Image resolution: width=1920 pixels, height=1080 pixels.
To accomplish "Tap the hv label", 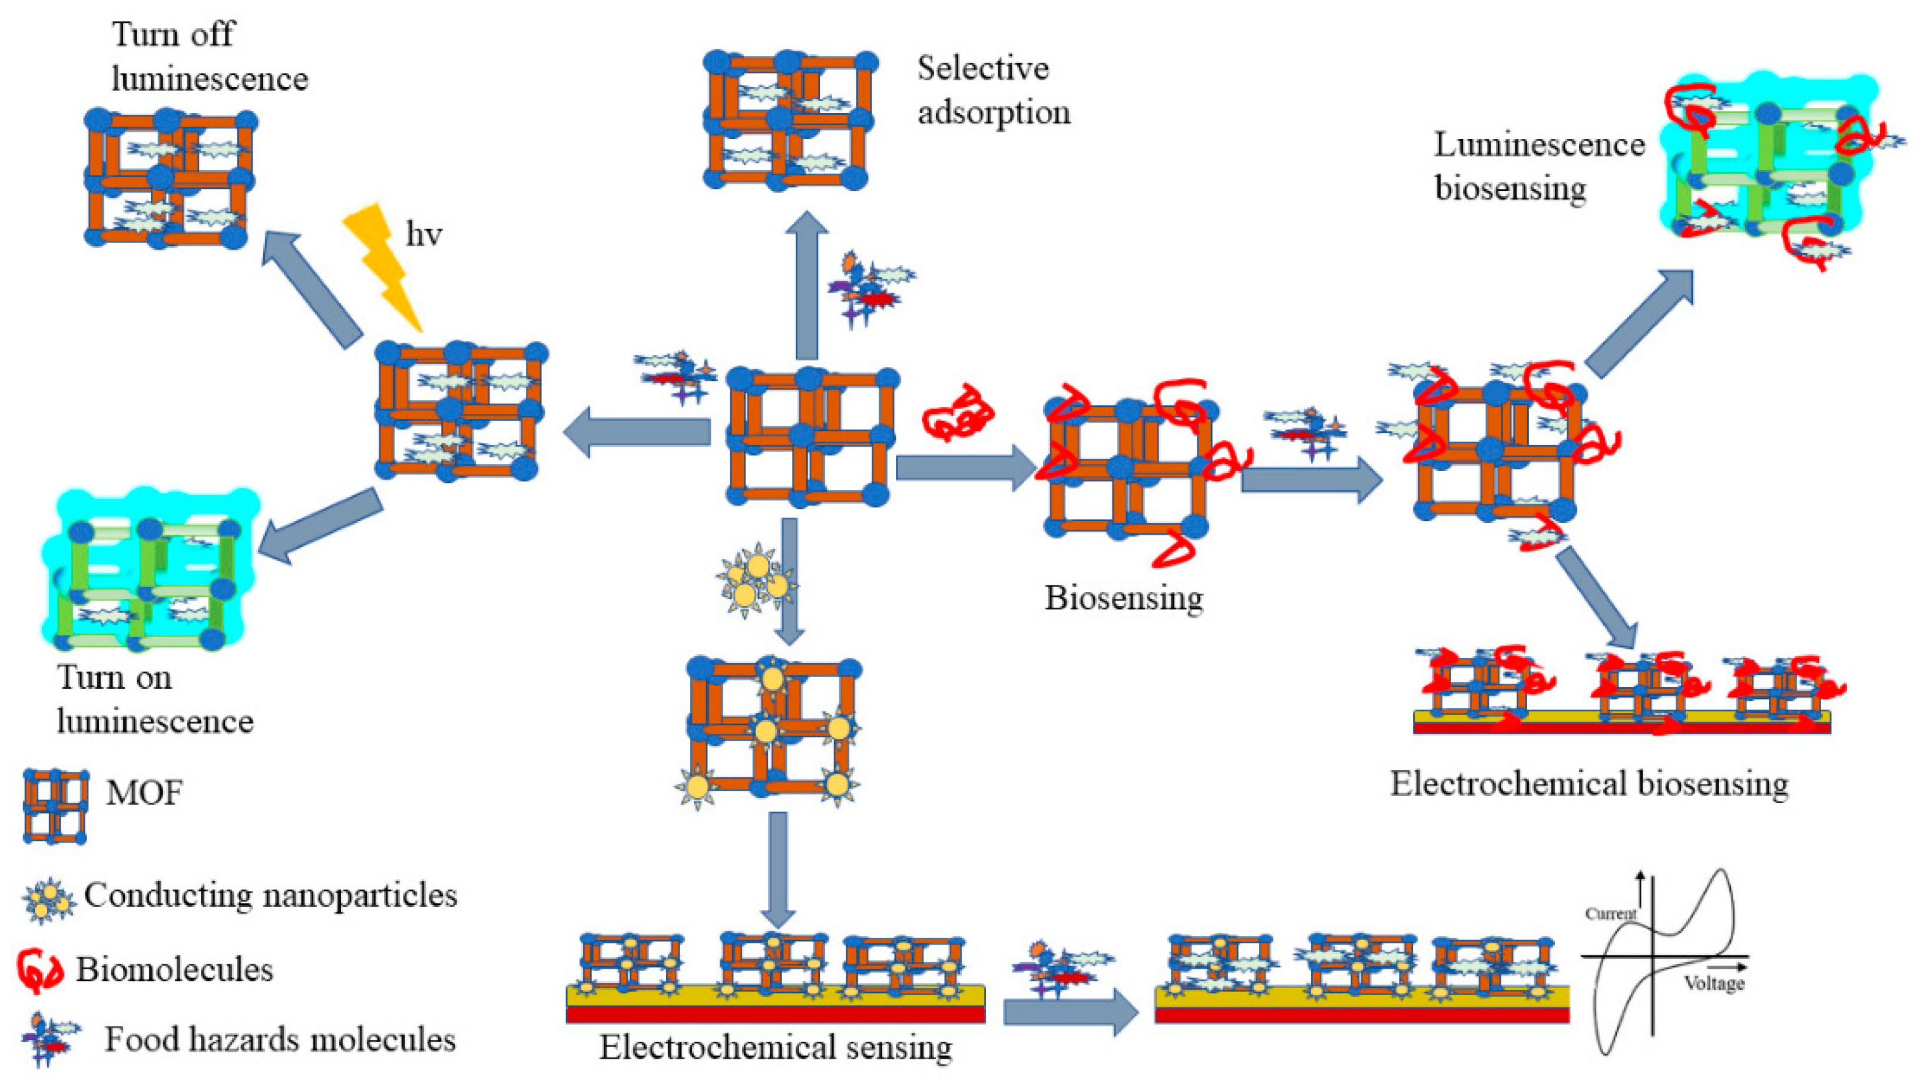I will [423, 235].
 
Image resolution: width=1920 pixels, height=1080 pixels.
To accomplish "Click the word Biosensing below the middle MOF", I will [1123, 598].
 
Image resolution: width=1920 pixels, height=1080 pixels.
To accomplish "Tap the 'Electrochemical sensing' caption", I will [775, 1047].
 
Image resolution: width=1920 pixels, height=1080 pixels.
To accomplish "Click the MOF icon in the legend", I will [55, 806].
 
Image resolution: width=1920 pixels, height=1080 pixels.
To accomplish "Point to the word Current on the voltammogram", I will [1610, 914].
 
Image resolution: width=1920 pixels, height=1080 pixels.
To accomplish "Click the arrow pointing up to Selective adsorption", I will [806, 287].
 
